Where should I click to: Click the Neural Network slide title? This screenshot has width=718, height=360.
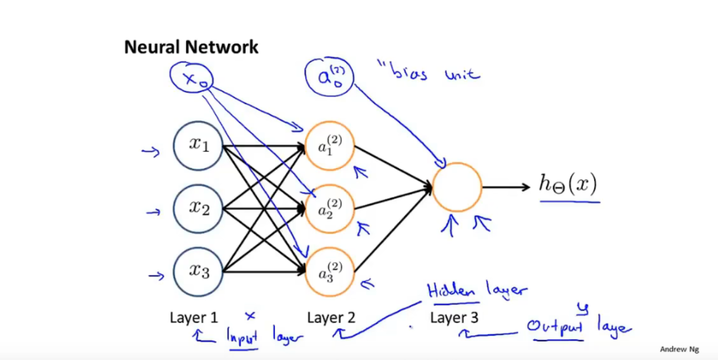point(191,47)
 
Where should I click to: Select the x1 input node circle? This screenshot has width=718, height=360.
point(198,145)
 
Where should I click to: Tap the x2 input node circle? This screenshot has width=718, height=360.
point(198,209)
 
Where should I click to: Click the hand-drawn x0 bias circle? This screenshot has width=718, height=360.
point(191,78)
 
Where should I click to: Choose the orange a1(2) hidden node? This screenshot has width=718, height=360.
point(330,145)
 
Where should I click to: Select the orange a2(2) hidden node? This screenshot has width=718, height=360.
point(330,209)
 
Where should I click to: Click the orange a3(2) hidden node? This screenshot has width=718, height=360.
point(330,272)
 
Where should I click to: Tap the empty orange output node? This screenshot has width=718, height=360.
point(457,187)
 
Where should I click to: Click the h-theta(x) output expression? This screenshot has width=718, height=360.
point(568,185)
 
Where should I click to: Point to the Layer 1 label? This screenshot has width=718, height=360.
point(194,318)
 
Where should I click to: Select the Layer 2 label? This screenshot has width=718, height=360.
point(331,318)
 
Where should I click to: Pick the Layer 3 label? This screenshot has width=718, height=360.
point(454,318)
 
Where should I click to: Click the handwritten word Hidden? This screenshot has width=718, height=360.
point(451,291)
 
